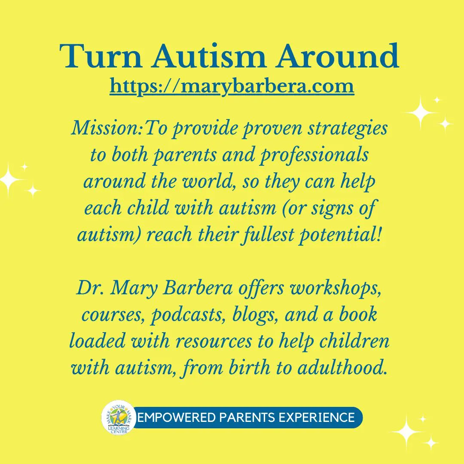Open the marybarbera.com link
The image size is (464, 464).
pyautogui.click(x=232, y=85)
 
